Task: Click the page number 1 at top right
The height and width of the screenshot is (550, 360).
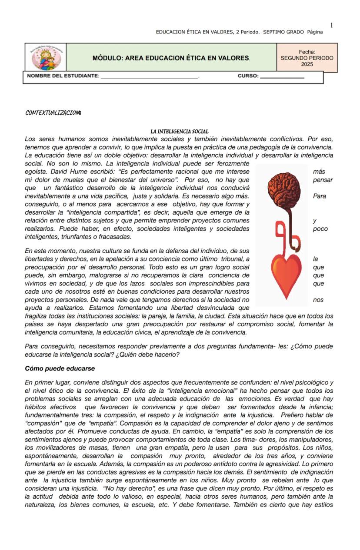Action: point(332,25)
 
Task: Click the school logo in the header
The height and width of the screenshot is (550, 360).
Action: point(46,58)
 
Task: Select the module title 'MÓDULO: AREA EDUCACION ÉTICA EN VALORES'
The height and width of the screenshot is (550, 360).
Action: point(171,58)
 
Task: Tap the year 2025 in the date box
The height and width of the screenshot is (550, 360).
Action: point(307,64)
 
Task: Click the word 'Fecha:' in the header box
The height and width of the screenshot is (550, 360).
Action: point(307,52)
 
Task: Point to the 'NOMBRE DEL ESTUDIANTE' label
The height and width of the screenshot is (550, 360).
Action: point(63,76)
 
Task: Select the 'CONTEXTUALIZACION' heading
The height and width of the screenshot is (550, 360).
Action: point(53,113)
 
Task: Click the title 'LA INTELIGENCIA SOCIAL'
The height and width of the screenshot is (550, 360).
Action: point(179,131)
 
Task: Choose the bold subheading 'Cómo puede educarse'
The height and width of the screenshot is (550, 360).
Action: point(60,368)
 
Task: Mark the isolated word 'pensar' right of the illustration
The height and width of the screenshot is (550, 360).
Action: point(323,180)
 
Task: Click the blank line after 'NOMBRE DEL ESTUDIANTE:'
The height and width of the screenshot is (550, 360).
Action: point(150,76)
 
